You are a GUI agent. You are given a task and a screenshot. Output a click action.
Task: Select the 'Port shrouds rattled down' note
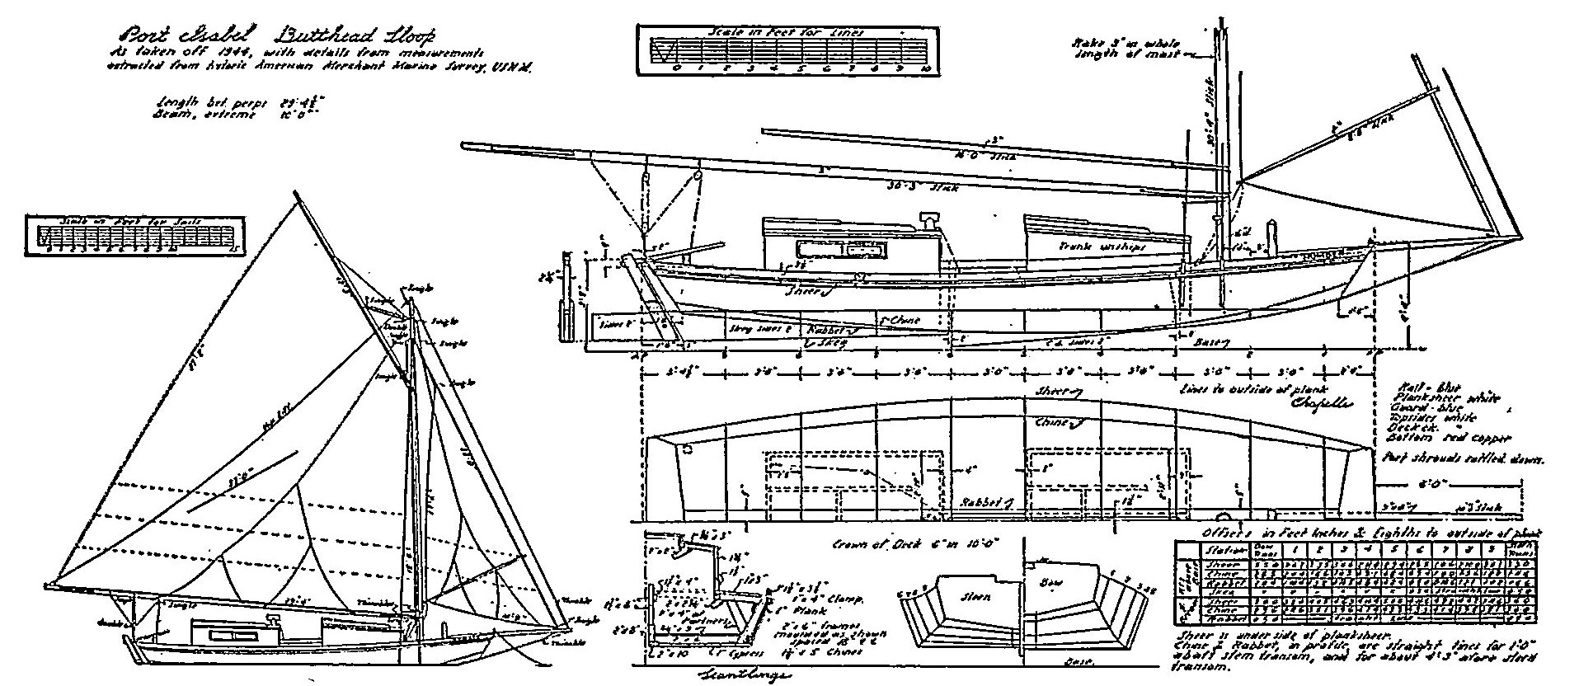coord(1459,459)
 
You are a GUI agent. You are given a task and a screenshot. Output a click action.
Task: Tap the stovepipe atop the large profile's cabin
coord(928,219)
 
